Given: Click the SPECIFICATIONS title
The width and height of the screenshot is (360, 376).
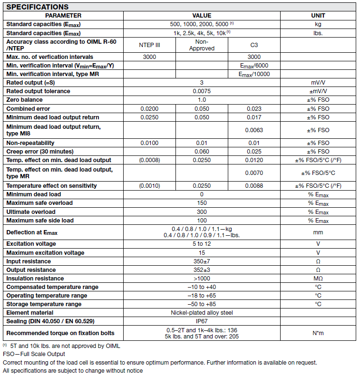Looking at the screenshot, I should coord(38,7).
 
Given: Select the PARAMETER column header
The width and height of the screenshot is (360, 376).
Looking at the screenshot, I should coord(63,16).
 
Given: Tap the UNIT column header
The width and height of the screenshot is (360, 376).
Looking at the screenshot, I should coord(318,16).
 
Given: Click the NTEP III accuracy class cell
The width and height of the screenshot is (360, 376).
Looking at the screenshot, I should coord(150,45).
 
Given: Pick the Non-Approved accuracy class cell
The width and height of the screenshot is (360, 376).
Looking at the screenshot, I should coord(202,45).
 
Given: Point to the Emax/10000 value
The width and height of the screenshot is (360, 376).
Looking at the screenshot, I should coord(254,74).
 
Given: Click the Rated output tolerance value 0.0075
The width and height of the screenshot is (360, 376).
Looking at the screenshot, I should coord(202,91).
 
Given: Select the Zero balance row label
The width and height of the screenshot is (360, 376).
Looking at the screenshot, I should coord(24,100).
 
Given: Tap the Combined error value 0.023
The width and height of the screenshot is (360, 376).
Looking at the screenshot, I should coord(254,109).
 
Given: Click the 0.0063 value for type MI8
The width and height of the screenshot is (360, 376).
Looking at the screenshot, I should coord(254,130).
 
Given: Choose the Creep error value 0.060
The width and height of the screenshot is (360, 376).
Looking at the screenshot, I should coord(202,152).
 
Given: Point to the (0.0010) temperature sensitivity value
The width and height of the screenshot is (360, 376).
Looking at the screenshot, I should coord(150,186).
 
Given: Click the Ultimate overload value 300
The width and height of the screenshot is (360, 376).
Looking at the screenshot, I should coord(202,212).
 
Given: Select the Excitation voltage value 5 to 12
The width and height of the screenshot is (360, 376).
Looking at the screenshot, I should coord(202,244).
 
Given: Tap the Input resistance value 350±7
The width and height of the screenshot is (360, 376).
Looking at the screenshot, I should coord(202,261).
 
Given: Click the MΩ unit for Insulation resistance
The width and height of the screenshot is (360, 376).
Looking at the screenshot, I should coord(318,279).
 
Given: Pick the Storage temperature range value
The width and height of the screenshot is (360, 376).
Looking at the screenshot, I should coord(202,304).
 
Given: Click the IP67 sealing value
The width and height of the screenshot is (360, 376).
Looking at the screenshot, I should coord(202,321).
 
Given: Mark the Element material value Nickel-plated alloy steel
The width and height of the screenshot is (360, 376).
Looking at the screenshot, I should coord(202,313).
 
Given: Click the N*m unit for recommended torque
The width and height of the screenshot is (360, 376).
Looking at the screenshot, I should coord(318,333).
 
